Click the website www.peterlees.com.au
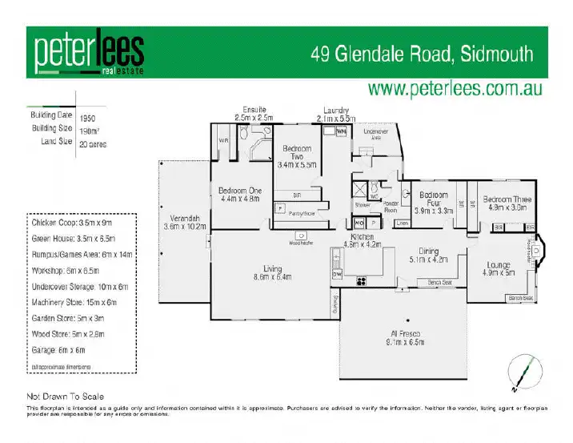456,88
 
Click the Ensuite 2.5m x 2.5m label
253,113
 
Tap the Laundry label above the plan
335,113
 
